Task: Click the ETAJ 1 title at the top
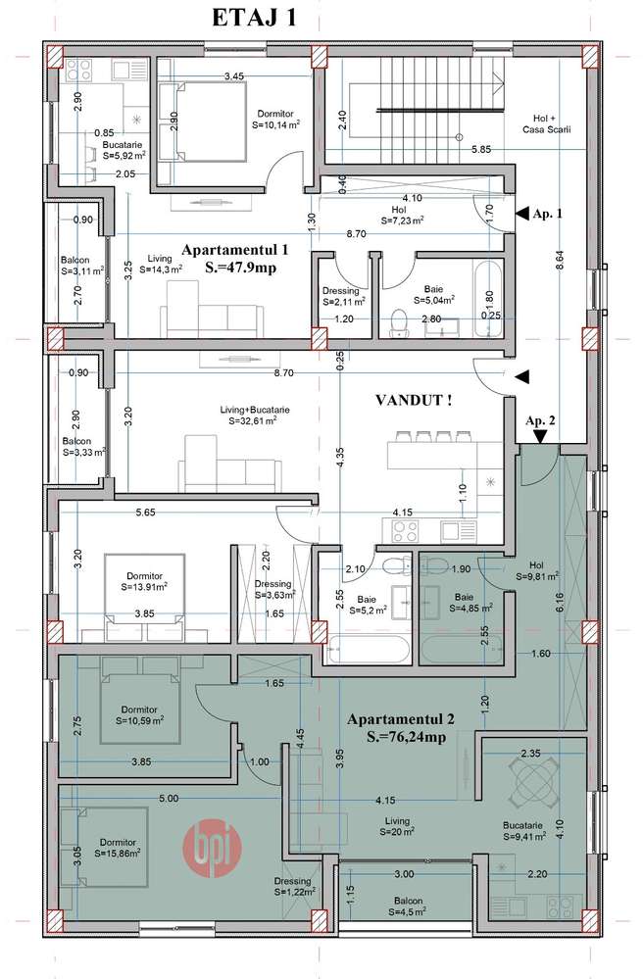click(254, 18)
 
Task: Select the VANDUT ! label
click(413, 400)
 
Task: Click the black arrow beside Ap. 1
click(522, 213)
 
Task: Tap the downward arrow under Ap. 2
click(540, 438)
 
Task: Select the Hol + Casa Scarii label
click(547, 123)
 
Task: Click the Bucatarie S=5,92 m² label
click(124, 150)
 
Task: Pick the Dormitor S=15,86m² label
click(118, 848)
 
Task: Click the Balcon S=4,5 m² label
click(408, 906)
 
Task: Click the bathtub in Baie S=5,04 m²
click(487, 299)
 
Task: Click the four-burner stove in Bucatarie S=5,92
click(79, 69)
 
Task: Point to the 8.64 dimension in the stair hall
click(560, 259)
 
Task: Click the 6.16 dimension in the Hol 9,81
click(559, 603)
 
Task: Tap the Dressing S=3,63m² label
click(273, 589)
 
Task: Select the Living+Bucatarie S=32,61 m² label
click(254, 416)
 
